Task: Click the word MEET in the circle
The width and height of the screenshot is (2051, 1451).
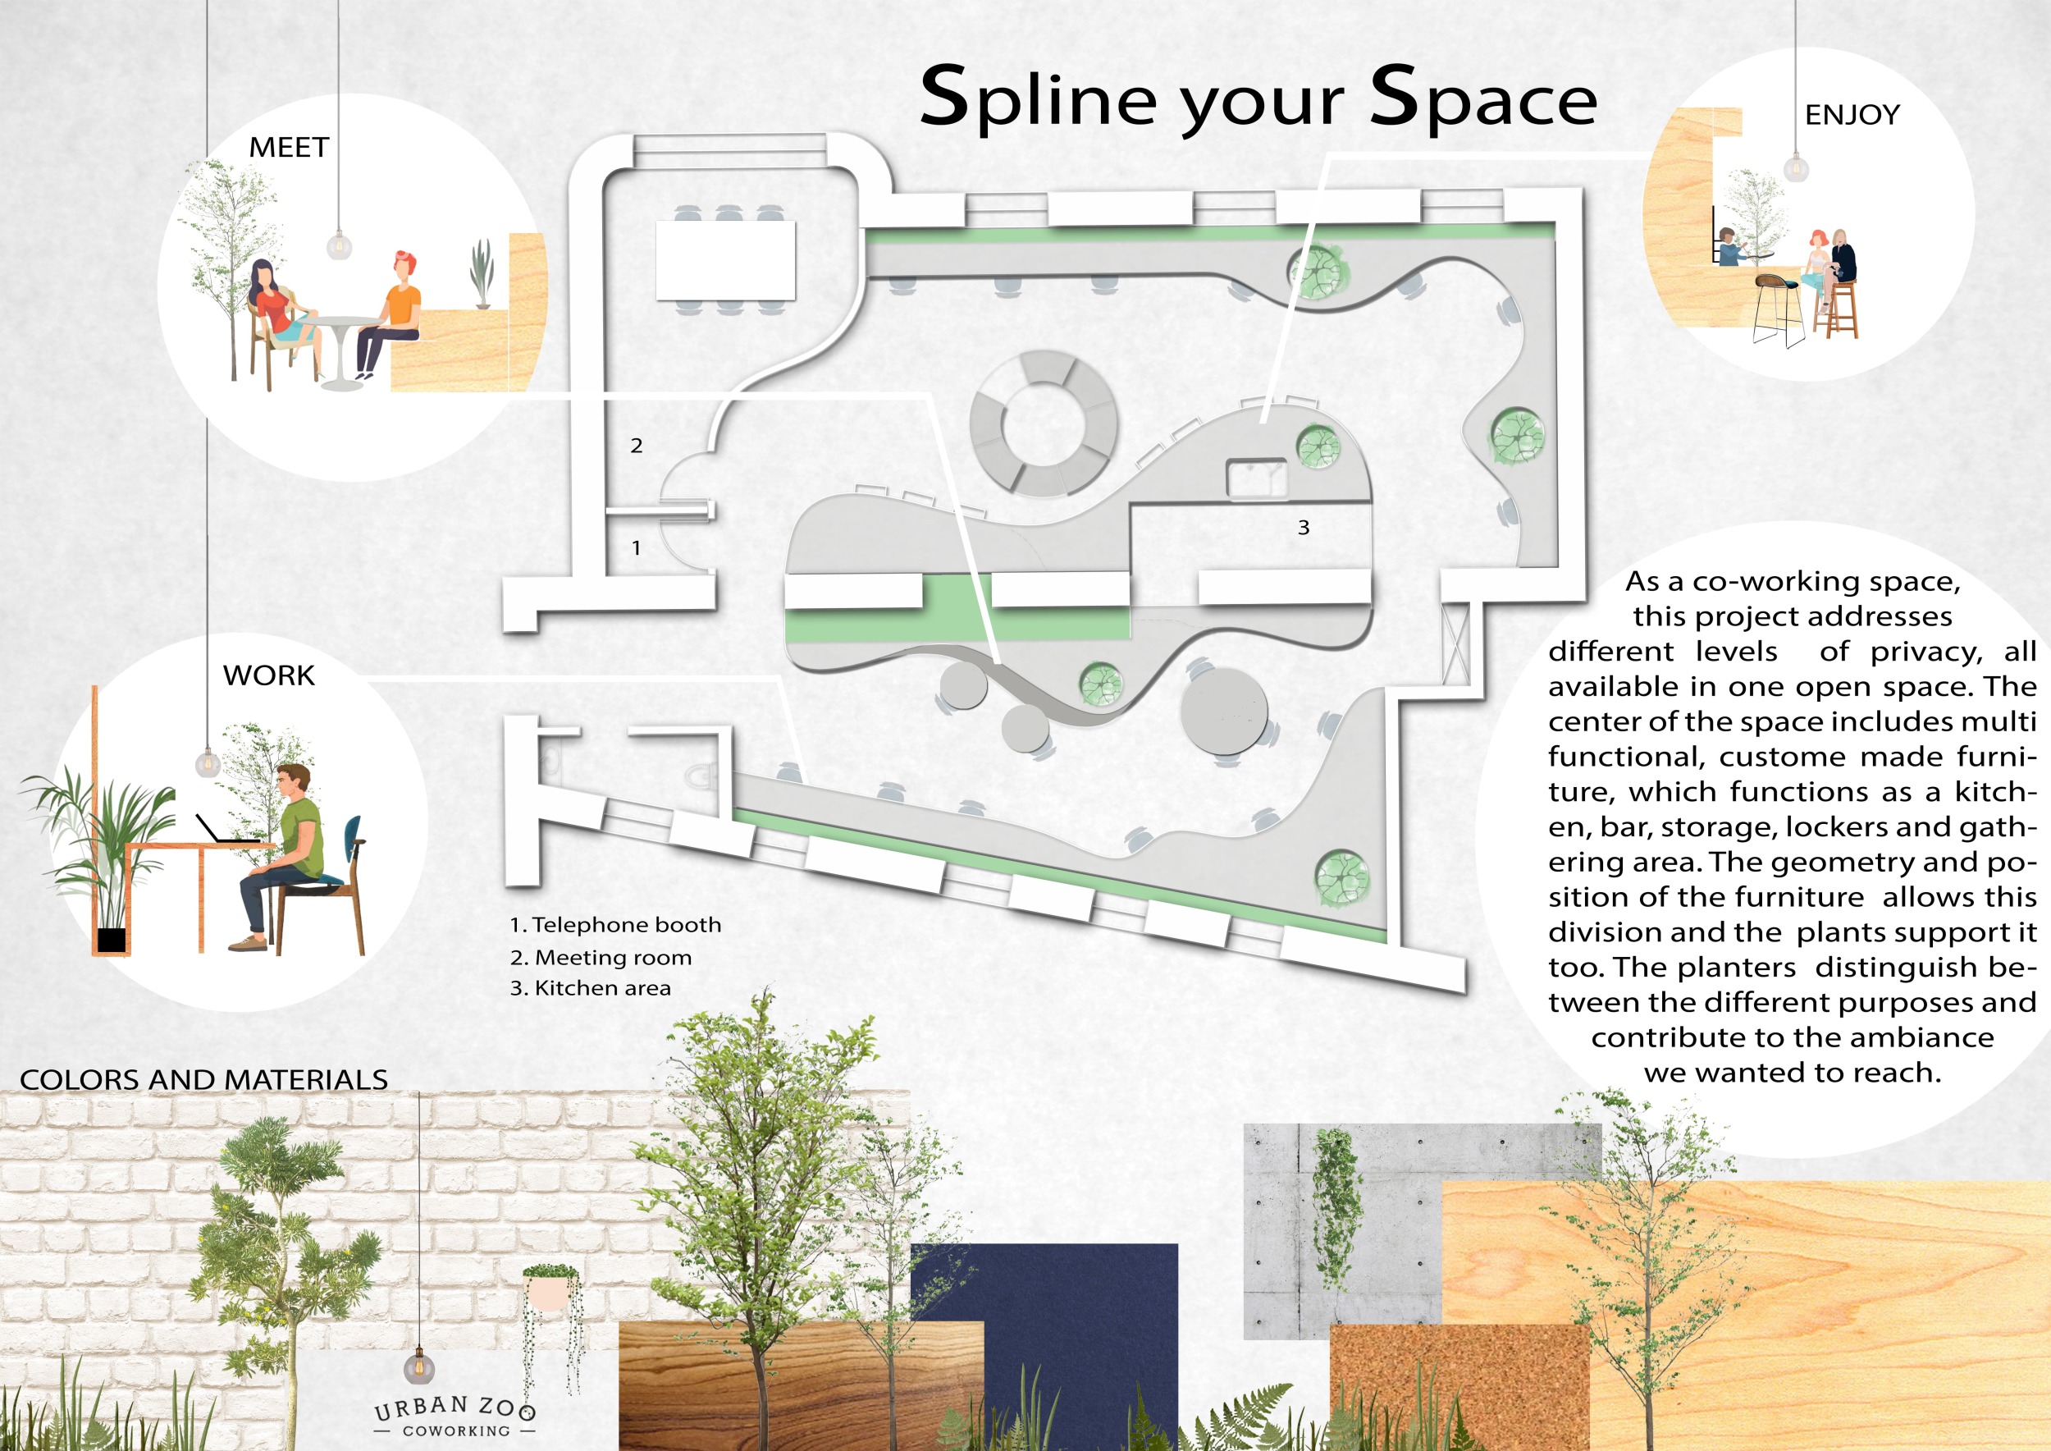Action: pyautogui.click(x=289, y=148)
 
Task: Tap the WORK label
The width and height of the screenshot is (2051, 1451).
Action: pyautogui.click(x=269, y=675)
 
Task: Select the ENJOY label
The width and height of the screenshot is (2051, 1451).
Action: pyautogui.click(x=1852, y=115)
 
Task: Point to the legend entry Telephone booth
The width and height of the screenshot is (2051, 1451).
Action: pyautogui.click(x=615, y=925)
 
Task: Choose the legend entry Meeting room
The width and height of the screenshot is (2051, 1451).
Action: pyautogui.click(x=601, y=958)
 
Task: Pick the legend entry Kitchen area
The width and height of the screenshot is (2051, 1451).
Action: pyautogui.click(x=591, y=988)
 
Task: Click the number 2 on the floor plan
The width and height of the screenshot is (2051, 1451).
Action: pyautogui.click(x=636, y=446)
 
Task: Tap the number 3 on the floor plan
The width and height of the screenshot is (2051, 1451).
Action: pyautogui.click(x=1304, y=528)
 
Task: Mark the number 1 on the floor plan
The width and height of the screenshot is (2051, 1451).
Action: pyautogui.click(x=636, y=547)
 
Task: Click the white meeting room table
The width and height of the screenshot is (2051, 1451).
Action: pyautogui.click(x=725, y=260)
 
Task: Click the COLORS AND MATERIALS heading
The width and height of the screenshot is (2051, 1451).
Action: pyautogui.click(x=203, y=1079)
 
